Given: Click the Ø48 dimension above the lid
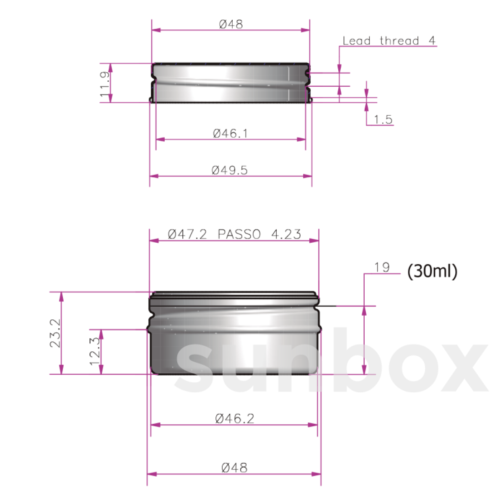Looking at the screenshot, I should [231, 24].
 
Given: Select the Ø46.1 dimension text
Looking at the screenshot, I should [231, 133].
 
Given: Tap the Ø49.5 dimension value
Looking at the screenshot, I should [230, 170].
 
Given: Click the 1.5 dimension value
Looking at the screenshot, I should [383, 120].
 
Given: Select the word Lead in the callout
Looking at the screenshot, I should [357, 41].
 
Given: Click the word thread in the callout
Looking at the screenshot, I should [399, 41].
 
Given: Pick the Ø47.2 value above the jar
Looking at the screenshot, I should [187, 234].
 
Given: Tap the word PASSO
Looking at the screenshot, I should [239, 234].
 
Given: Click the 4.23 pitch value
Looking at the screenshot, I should [286, 234].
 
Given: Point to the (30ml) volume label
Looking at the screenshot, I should [432, 272].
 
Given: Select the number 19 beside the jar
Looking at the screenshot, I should [382, 267].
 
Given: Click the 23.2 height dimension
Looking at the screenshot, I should [56, 333].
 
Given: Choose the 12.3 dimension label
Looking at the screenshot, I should [95, 351].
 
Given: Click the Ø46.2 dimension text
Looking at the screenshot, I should [235, 418].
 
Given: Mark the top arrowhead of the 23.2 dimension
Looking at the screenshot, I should [62, 296].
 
